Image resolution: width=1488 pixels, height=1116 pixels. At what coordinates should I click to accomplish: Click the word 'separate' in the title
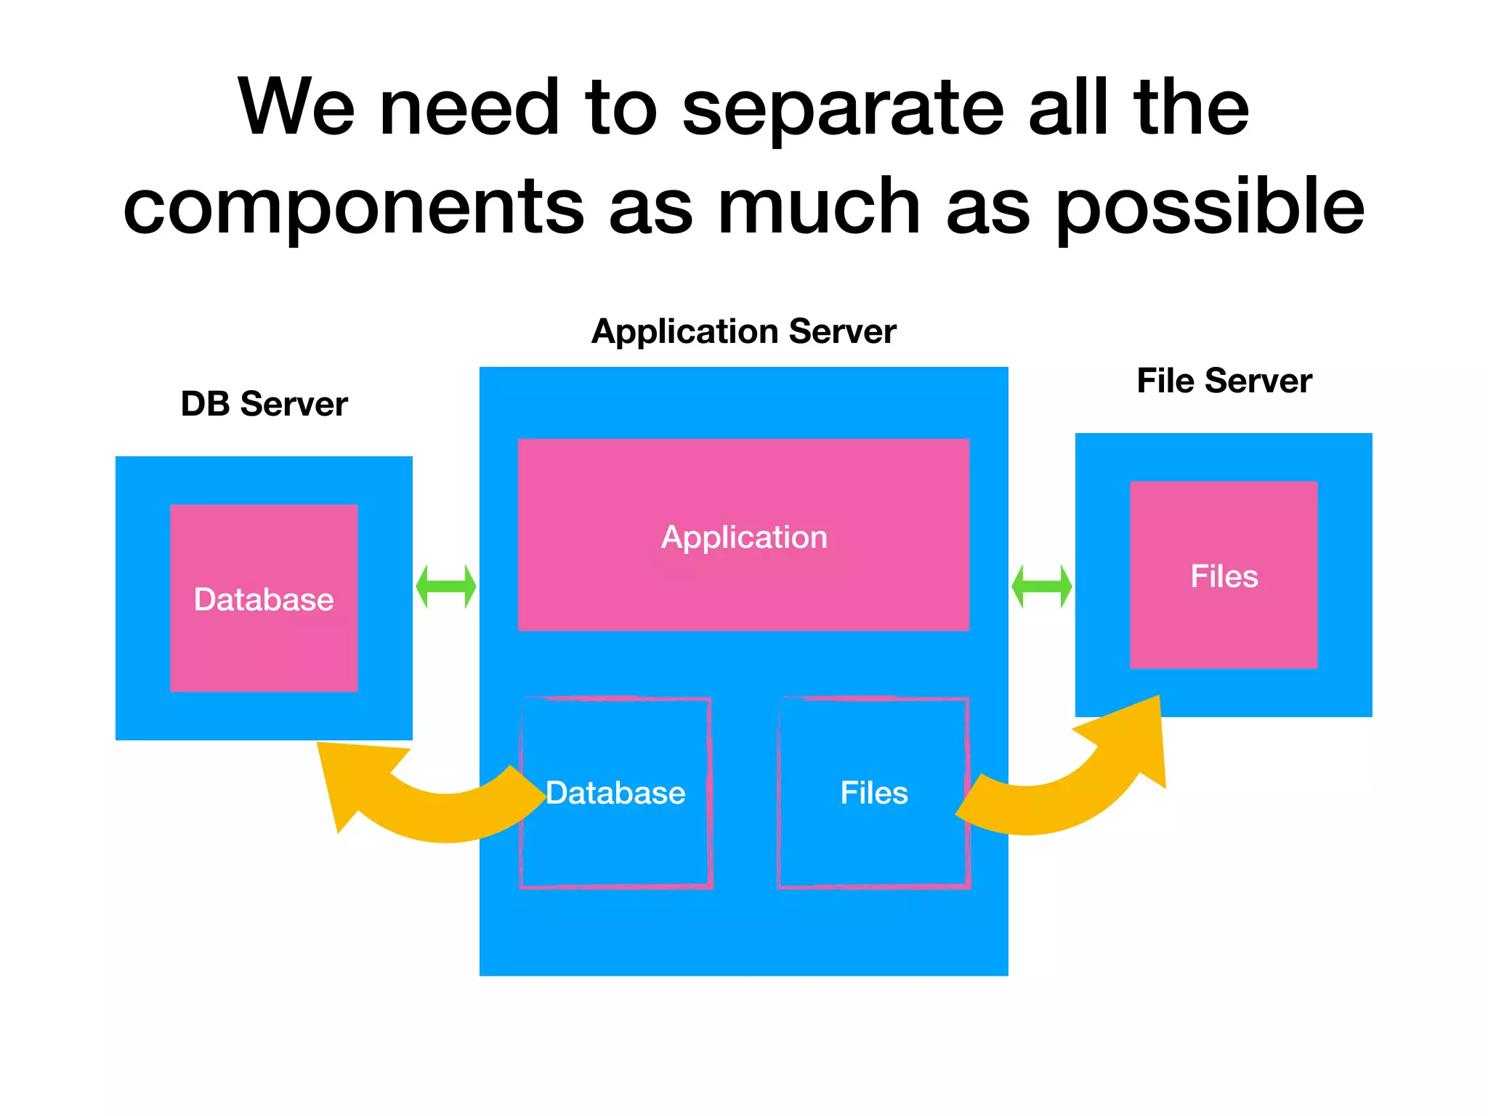(843, 109)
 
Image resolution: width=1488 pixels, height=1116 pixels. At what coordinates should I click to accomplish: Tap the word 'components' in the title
(353, 209)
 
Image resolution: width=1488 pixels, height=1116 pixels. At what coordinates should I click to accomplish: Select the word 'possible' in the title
(1210, 209)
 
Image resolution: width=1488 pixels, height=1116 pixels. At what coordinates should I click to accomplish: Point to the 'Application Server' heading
(743, 331)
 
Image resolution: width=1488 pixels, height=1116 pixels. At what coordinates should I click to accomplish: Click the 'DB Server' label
(264, 404)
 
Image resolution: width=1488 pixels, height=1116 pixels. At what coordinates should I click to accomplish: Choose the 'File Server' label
(1224, 381)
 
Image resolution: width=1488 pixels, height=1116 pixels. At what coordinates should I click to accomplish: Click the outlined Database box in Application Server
(616, 843)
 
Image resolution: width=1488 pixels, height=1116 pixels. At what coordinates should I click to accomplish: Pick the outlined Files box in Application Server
(874, 843)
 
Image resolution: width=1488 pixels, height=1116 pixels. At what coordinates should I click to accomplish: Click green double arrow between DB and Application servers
(446, 586)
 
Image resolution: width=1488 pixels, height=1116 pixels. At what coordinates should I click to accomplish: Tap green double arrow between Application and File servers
(1042, 586)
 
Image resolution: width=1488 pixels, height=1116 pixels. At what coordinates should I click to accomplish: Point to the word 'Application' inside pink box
(744, 538)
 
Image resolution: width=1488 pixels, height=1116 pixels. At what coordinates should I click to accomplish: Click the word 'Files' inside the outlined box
(874, 793)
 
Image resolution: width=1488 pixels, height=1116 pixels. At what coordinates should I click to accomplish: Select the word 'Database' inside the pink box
(264, 600)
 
